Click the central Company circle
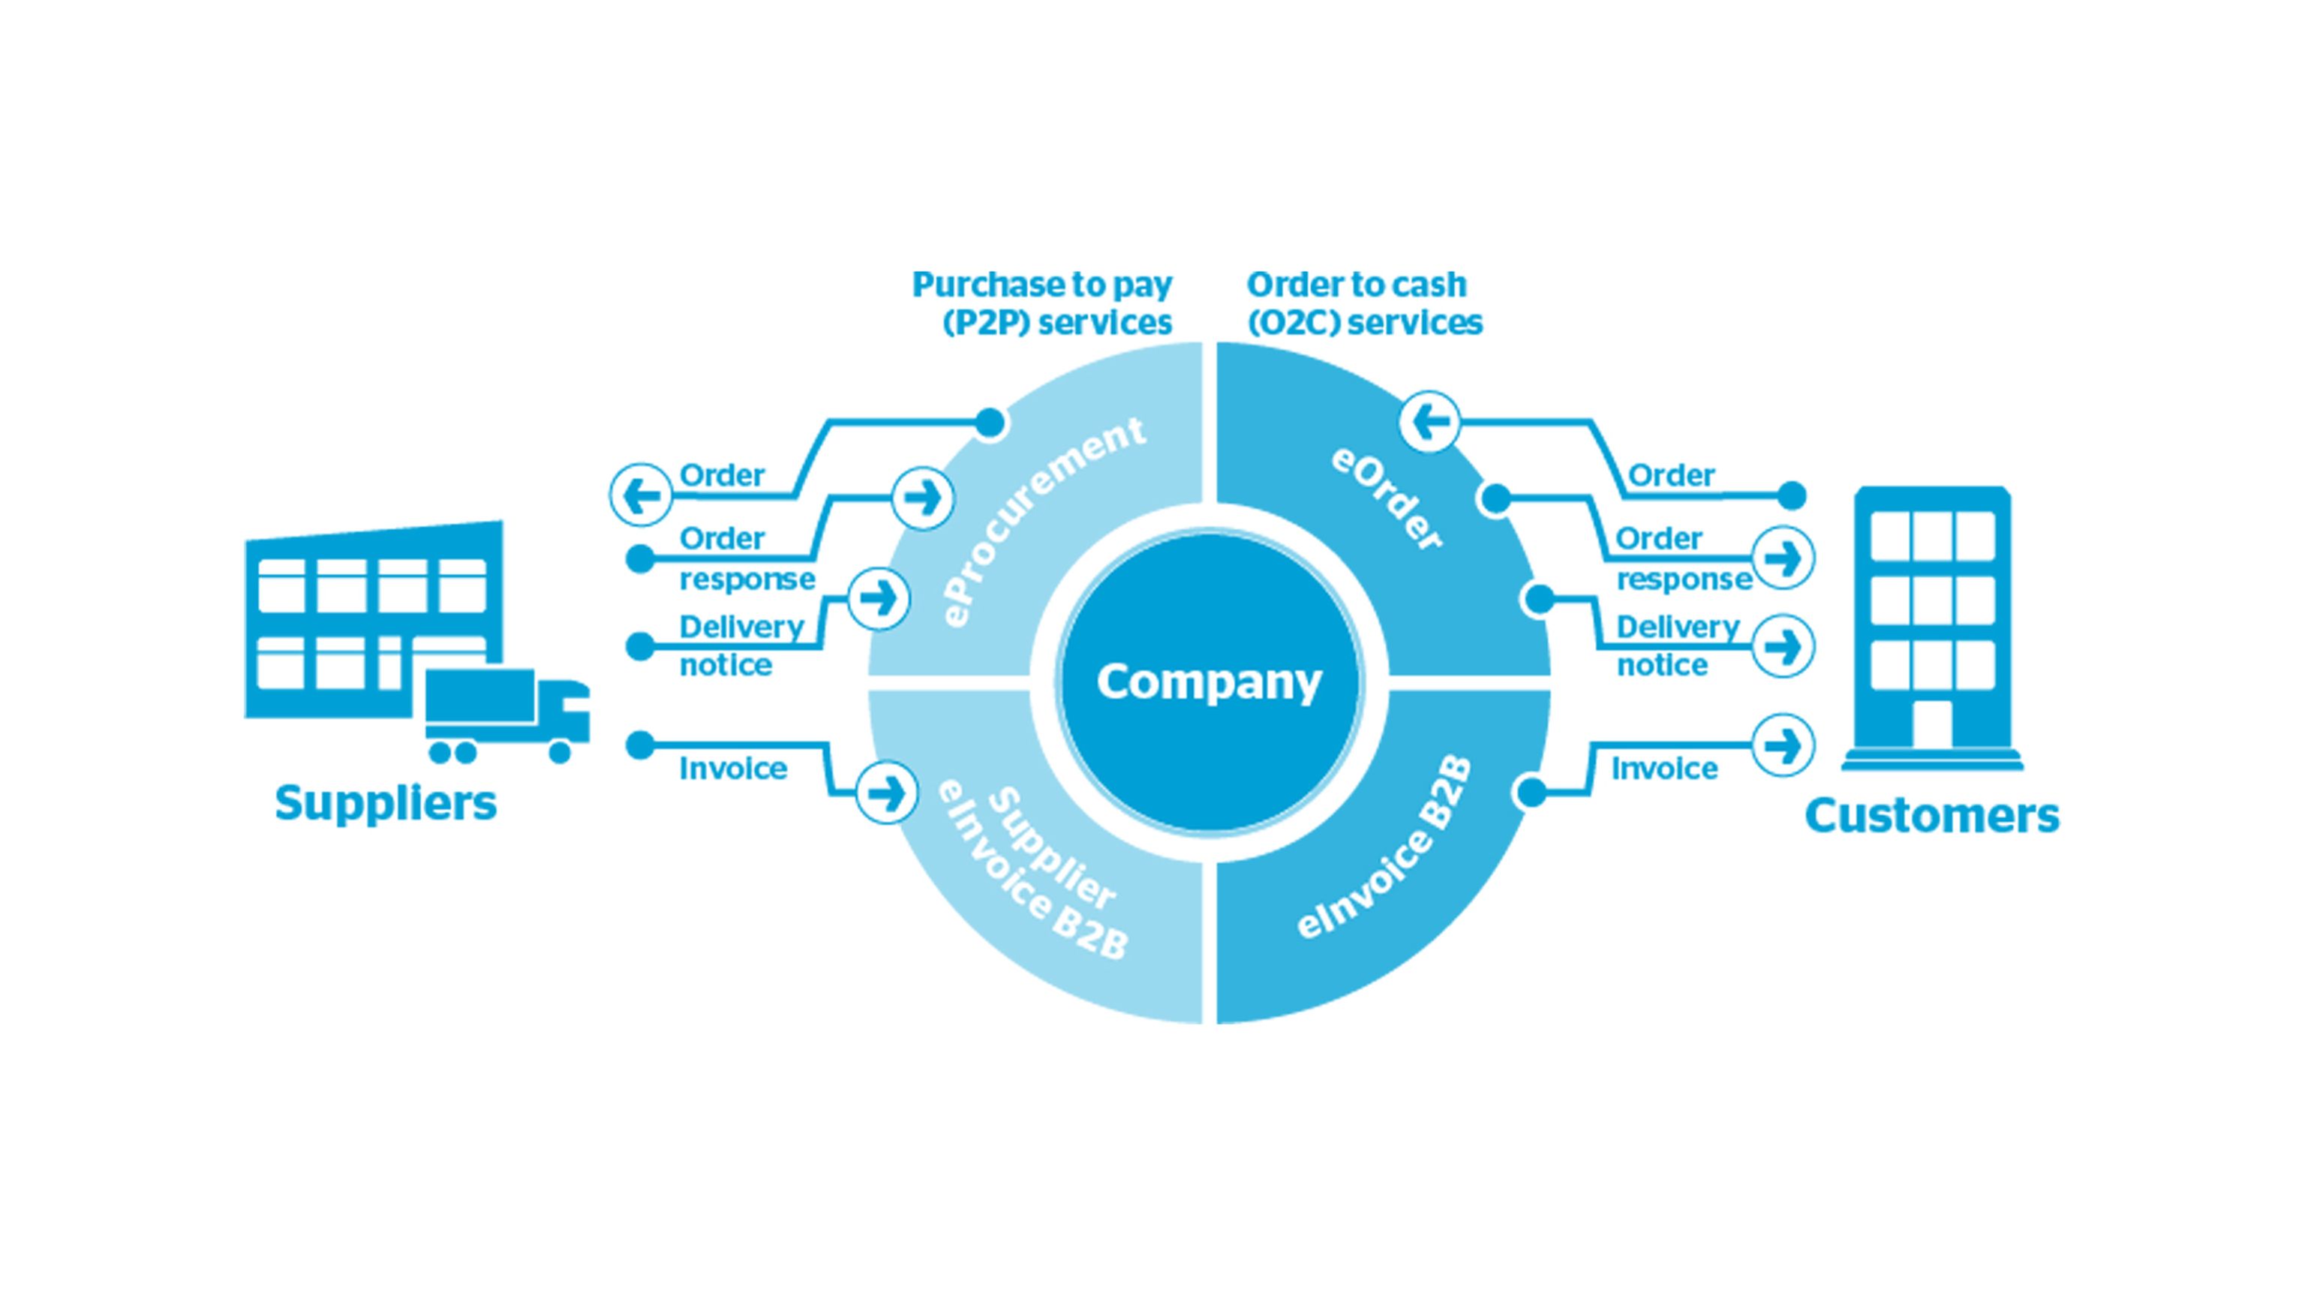click(x=1208, y=682)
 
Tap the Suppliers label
click(x=386, y=803)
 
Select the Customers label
click(x=1932, y=815)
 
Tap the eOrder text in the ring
click(x=1386, y=498)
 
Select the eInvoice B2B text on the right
click(x=1385, y=849)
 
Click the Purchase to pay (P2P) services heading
click(x=1042, y=303)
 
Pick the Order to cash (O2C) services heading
click(x=1363, y=303)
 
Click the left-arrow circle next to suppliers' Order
click(x=641, y=495)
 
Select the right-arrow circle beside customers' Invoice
click(x=1783, y=745)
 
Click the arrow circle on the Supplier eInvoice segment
click(x=887, y=792)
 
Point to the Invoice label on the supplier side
click(x=733, y=769)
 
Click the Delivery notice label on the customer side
click(x=1678, y=645)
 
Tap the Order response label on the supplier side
click(x=747, y=558)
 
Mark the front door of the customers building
click(x=1932, y=724)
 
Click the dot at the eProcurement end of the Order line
click(x=990, y=422)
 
